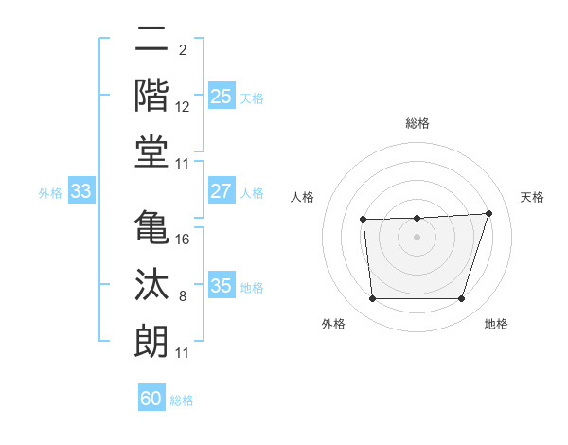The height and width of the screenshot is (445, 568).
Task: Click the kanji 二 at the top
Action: [x=151, y=42]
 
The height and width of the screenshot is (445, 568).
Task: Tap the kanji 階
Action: [x=151, y=97]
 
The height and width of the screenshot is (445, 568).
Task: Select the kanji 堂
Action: [x=151, y=151]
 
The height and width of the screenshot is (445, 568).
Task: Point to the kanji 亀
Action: [x=151, y=228]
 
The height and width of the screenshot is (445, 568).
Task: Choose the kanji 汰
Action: [x=151, y=285]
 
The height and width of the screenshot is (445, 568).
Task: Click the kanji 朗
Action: [x=151, y=341]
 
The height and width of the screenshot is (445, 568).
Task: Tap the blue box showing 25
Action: [x=221, y=97]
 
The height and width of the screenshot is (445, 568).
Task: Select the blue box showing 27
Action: [x=221, y=191]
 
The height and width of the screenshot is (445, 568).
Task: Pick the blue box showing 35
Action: [x=221, y=286]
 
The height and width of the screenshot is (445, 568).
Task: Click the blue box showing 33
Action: [x=81, y=191]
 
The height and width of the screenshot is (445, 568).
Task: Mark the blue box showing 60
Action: [x=151, y=399]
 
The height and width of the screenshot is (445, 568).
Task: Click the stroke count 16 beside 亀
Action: [x=183, y=240]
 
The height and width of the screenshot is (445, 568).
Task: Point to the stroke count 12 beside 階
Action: [x=183, y=108]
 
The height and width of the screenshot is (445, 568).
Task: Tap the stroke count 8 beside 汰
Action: [x=183, y=296]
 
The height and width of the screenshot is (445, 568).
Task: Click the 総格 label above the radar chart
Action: [x=417, y=123]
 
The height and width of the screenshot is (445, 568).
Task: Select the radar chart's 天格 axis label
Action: [x=533, y=197]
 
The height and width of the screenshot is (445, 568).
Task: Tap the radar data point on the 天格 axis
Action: [x=488, y=213]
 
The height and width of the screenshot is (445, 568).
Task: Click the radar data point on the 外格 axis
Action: [x=373, y=299]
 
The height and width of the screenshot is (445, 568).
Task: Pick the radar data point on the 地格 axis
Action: [x=462, y=299]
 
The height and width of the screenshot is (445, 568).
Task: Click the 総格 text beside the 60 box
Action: [x=183, y=400]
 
